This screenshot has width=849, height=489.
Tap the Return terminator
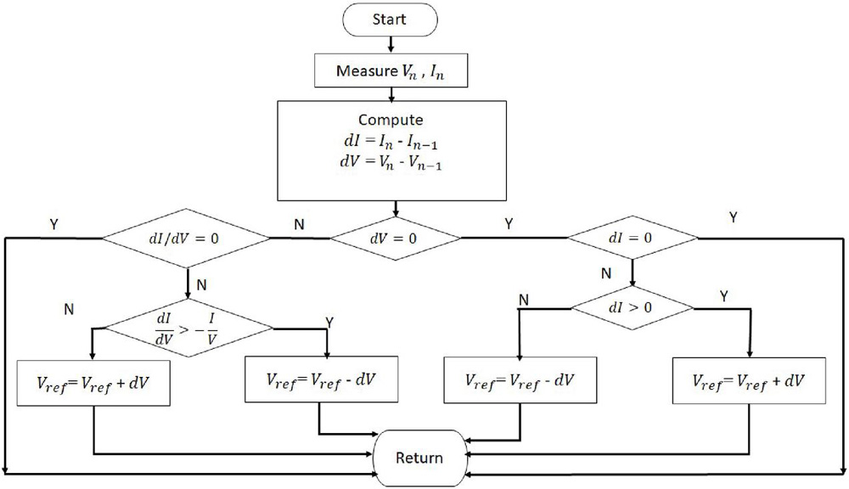click(x=419, y=458)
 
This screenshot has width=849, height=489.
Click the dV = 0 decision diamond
click(x=393, y=239)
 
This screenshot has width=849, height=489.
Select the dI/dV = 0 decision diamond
click(x=187, y=239)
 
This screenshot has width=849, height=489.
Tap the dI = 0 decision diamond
click(x=632, y=239)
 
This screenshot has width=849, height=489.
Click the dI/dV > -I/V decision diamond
click(x=188, y=326)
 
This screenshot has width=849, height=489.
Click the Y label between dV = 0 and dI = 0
click(x=508, y=227)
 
